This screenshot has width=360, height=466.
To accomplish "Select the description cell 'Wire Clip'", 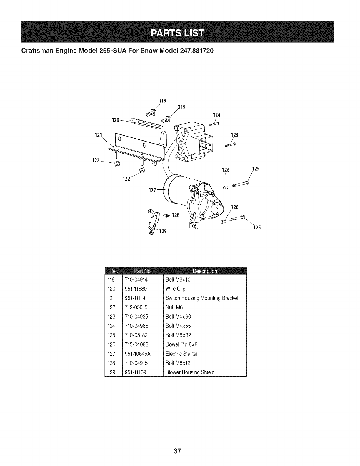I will [175, 289].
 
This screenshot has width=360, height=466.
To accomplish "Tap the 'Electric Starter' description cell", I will [182, 354].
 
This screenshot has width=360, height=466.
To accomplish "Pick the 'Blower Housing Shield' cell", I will [190, 372].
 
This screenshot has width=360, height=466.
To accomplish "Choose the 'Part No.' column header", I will [143, 271].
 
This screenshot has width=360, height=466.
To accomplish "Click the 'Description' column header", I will [205, 271].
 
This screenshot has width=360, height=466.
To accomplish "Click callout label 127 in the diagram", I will [152, 190].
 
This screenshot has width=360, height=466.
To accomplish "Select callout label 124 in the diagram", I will [216, 115].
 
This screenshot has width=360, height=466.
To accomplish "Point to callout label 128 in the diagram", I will [175, 215].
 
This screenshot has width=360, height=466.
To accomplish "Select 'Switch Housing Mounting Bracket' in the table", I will [202, 298].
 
